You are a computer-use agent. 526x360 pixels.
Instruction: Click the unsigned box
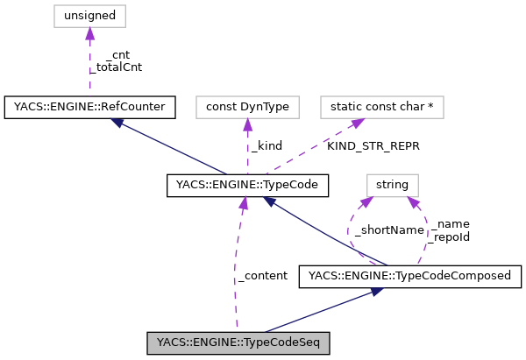pos(89,15)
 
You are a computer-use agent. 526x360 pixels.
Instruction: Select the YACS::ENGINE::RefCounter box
pos(89,107)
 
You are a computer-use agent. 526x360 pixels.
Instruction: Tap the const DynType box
pos(247,107)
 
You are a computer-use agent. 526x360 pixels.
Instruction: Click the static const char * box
pos(382,107)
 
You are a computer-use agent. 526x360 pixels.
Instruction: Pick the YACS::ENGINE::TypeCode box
pos(247,185)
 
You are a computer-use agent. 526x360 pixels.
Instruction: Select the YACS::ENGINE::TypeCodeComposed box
pos(410,277)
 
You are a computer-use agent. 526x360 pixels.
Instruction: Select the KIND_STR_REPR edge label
pos(373,145)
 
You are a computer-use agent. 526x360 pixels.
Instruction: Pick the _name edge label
pos(445,224)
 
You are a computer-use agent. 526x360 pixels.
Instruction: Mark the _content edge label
pos(262,275)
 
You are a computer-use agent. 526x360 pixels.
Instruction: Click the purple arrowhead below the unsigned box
pos(89,33)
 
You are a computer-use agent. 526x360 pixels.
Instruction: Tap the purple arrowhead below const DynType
pos(247,125)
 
